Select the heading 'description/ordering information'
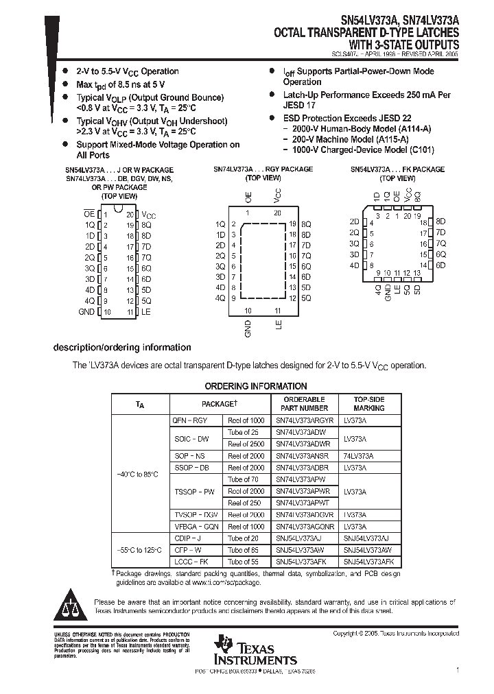(x=122, y=348)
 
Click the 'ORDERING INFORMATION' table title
(x=256, y=386)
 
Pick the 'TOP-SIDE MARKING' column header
(x=368, y=403)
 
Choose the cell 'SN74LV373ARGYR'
(x=305, y=420)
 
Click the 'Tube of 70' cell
(x=244, y=479)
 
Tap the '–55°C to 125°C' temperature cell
(x=138, y=550)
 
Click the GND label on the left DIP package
(x=86, y=311)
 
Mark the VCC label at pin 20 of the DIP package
(x=149, y=215)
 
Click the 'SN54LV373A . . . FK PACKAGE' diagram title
(x=397, y=169)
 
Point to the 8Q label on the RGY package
(x=306, y=224)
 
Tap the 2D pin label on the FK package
(x=354, y=222)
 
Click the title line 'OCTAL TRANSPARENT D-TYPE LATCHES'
(x=366, y=32)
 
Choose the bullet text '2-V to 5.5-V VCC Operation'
(x=127, y=71)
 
